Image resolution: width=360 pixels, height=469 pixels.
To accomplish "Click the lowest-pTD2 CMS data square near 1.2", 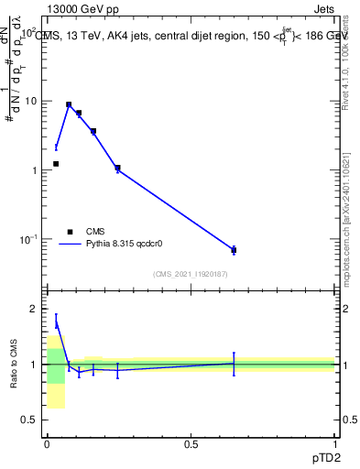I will [56, 164].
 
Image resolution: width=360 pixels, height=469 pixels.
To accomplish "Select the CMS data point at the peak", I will [69, 104].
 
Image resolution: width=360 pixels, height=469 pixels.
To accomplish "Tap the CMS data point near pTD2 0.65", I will [234, 250].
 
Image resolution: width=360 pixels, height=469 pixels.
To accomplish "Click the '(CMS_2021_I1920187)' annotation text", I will [191, 273].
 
